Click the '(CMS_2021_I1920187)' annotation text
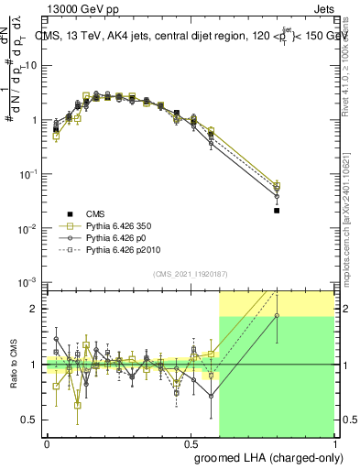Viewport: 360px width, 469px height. tap(191, 274)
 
